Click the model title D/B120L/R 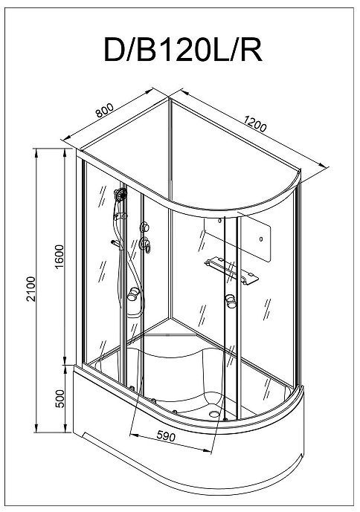tap(183, 50)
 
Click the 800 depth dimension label tap(105, 110)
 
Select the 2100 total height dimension tap(30, 289)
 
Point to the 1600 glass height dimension tap(60, 256)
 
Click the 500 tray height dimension tap(60, 398)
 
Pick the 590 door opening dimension tap(166, 436)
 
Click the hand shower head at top tap(121, 194)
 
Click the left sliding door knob tap(133, 294)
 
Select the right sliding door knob tap(231, 301)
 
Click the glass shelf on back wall tap(231, 270)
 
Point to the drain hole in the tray tap(213, 414)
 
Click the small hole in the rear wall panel tap(261, 239)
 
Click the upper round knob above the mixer tap(144, 227)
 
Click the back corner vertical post tap(170, 209)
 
